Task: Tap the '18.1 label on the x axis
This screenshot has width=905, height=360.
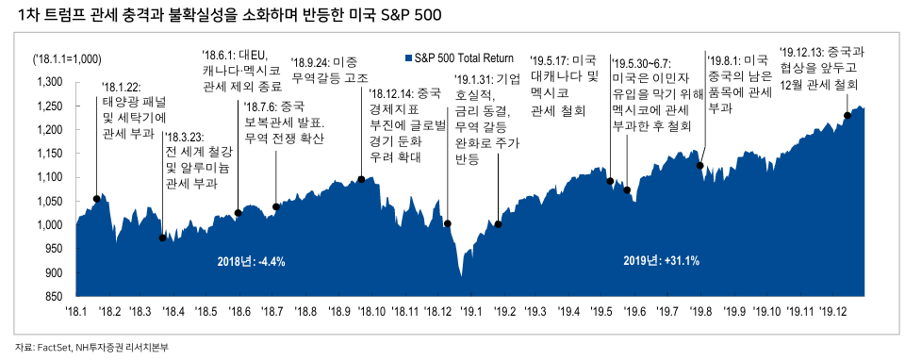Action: click(75, 310)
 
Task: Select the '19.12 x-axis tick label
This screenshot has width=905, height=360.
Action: click(832, 310)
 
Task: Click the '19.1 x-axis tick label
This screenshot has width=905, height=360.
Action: click(469, 310)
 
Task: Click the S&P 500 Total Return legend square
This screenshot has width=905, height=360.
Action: click(406, 58)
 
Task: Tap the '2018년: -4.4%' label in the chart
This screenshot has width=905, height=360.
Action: click(251, 260)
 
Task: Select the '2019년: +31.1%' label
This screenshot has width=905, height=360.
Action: click(662, 260)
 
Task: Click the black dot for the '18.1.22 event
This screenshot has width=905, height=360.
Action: click(97, 199)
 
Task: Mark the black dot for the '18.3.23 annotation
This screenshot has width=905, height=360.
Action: click(163, 238)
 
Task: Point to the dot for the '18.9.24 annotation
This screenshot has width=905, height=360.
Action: click(361, 179)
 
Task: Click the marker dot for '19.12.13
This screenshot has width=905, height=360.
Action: click(847, 115)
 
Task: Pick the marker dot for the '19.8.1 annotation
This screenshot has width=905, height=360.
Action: click(700, 166)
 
